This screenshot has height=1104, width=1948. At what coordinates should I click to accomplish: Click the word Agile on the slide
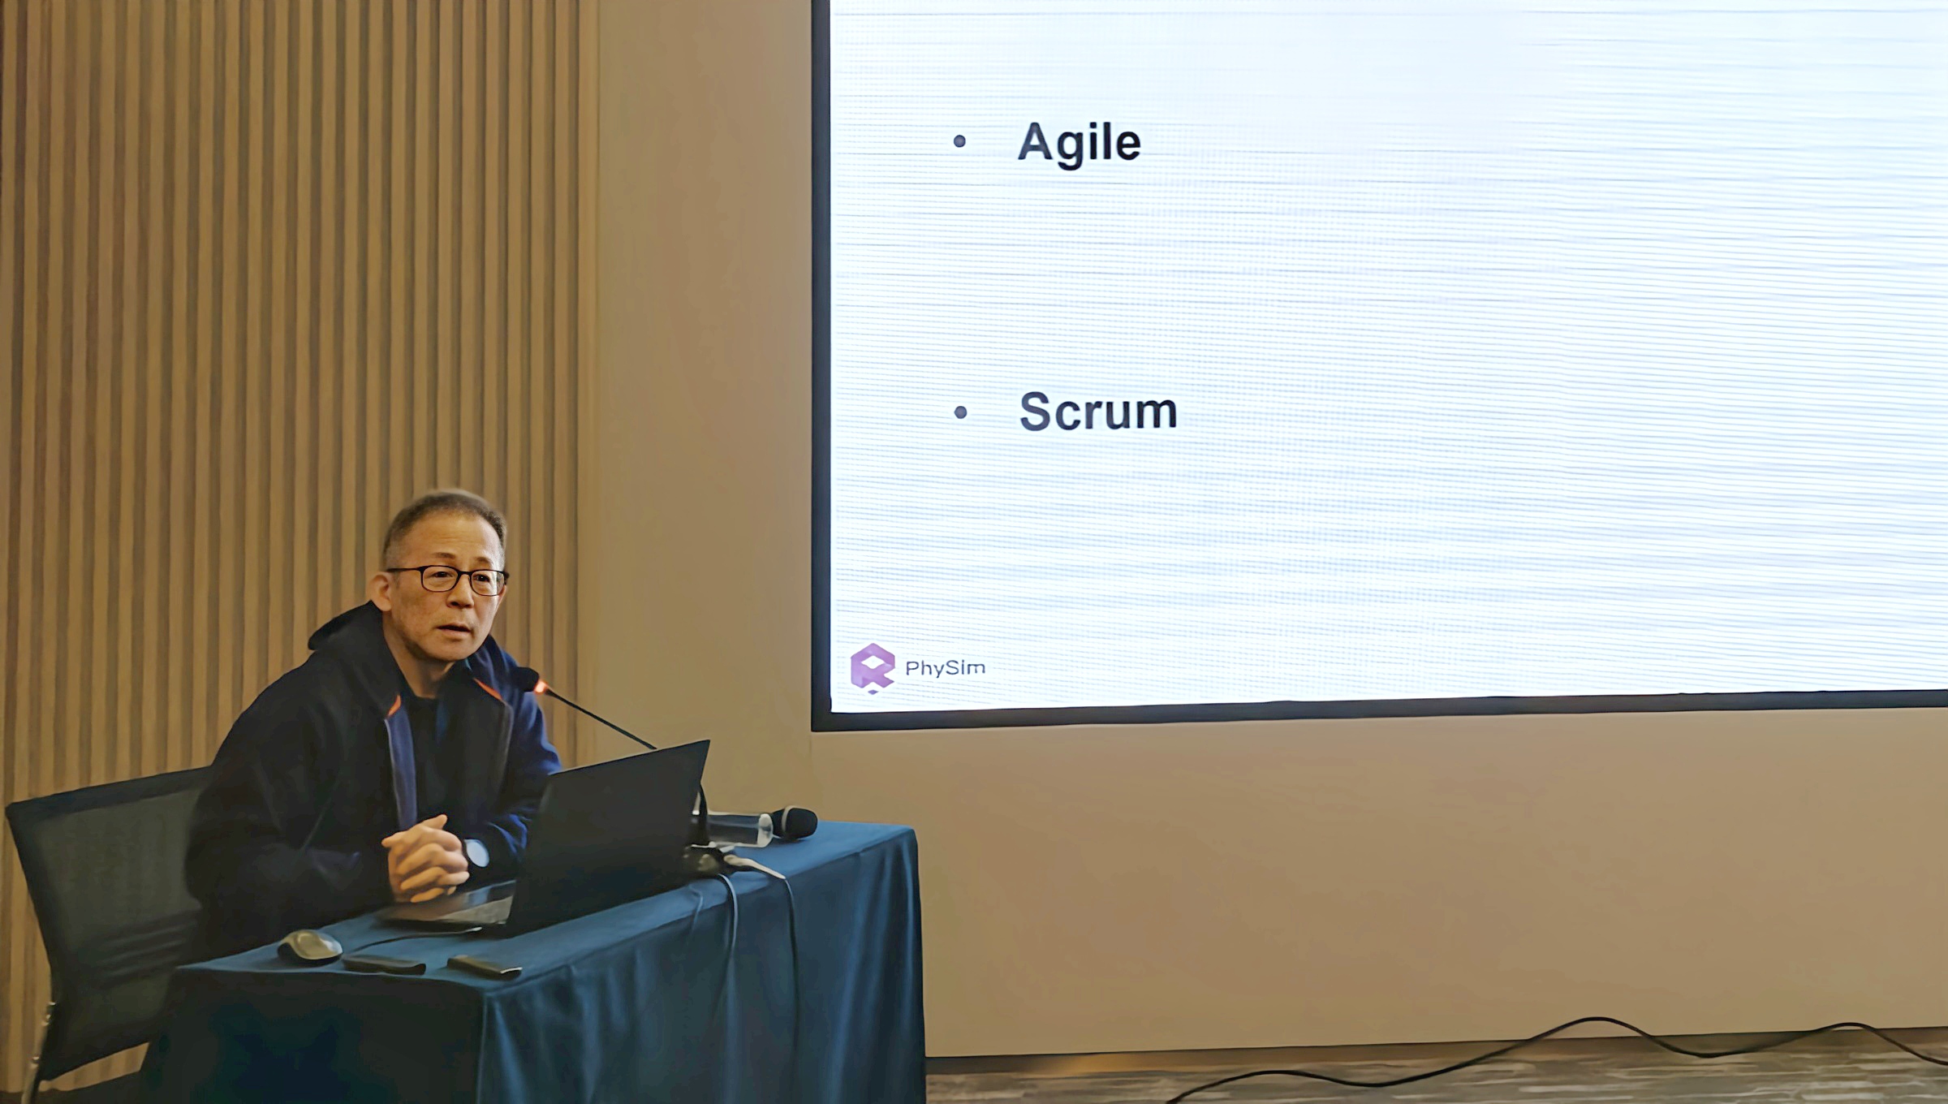click(x=1079, y=144)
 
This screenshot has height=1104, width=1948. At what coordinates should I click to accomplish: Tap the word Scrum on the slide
click(x=1097, y=411)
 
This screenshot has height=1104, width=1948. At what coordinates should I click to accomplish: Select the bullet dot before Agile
click(x=959, y=141)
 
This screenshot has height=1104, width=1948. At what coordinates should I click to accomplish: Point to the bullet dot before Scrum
click(x=961, y=412)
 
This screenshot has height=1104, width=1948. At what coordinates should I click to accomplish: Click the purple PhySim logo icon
click(x=872, y=668)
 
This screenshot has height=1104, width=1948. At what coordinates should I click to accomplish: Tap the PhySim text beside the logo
click(x=945, y=668)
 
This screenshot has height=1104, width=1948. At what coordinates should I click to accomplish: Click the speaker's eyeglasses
click(x=449, y=580)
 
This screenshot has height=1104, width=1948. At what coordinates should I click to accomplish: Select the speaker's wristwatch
click(x=476, y=852)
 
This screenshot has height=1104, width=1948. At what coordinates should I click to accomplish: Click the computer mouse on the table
click(x=309, y=947)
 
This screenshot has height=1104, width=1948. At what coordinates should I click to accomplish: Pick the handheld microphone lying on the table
click(x=791, y=822)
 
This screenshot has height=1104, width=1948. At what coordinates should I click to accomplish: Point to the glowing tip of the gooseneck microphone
click(x=539, y=687)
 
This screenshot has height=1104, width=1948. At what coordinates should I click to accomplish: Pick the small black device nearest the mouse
click(x=383, y=964)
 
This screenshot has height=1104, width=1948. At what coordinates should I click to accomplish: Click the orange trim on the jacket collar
click(x=486, y=690)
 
